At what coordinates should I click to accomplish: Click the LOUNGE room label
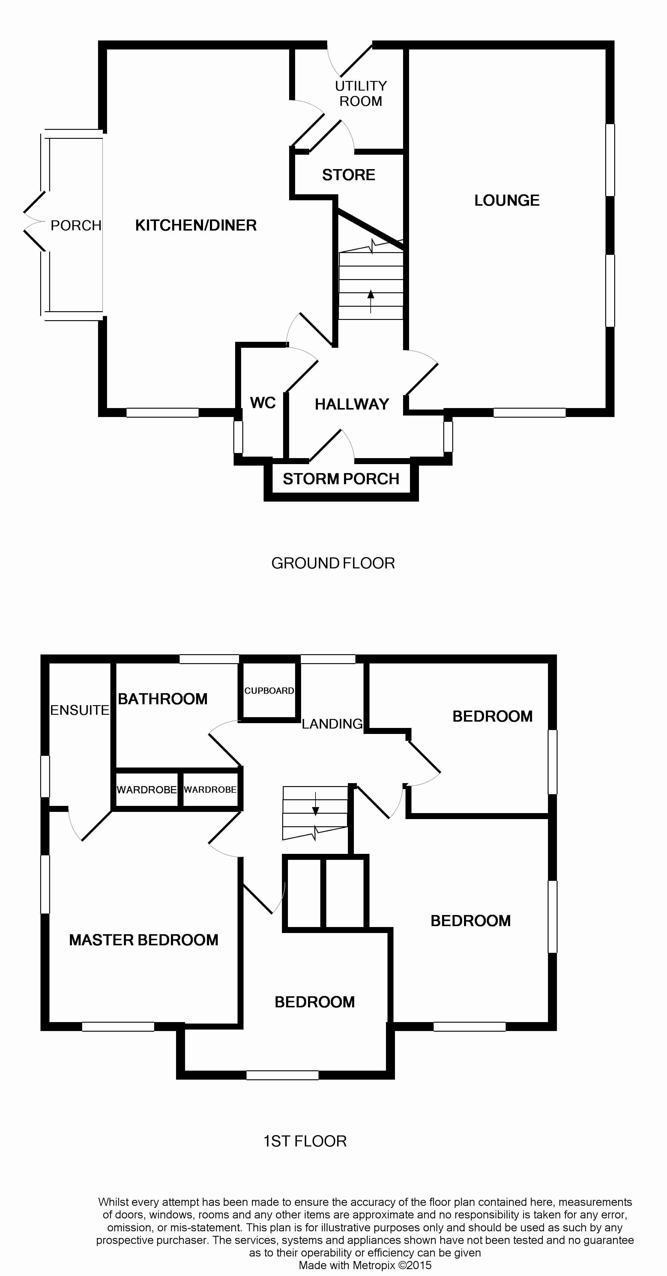pos(507,201)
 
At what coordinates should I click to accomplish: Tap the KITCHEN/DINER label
pos(196,226)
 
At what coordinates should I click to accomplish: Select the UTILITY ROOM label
pos(361,94)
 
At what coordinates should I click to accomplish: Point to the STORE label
pos(348,175)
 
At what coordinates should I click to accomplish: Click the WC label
pos(263,403)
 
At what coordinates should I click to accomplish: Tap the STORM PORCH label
pos(341,479)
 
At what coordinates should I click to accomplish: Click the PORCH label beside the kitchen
pos(76,226)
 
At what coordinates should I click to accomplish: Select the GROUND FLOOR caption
pos(333,563)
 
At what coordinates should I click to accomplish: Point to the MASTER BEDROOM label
pos(144,940)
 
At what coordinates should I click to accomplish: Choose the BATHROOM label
pos(163,699)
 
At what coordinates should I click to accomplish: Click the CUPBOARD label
pos(269,690)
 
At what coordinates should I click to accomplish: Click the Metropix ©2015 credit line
pos(365,1266)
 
